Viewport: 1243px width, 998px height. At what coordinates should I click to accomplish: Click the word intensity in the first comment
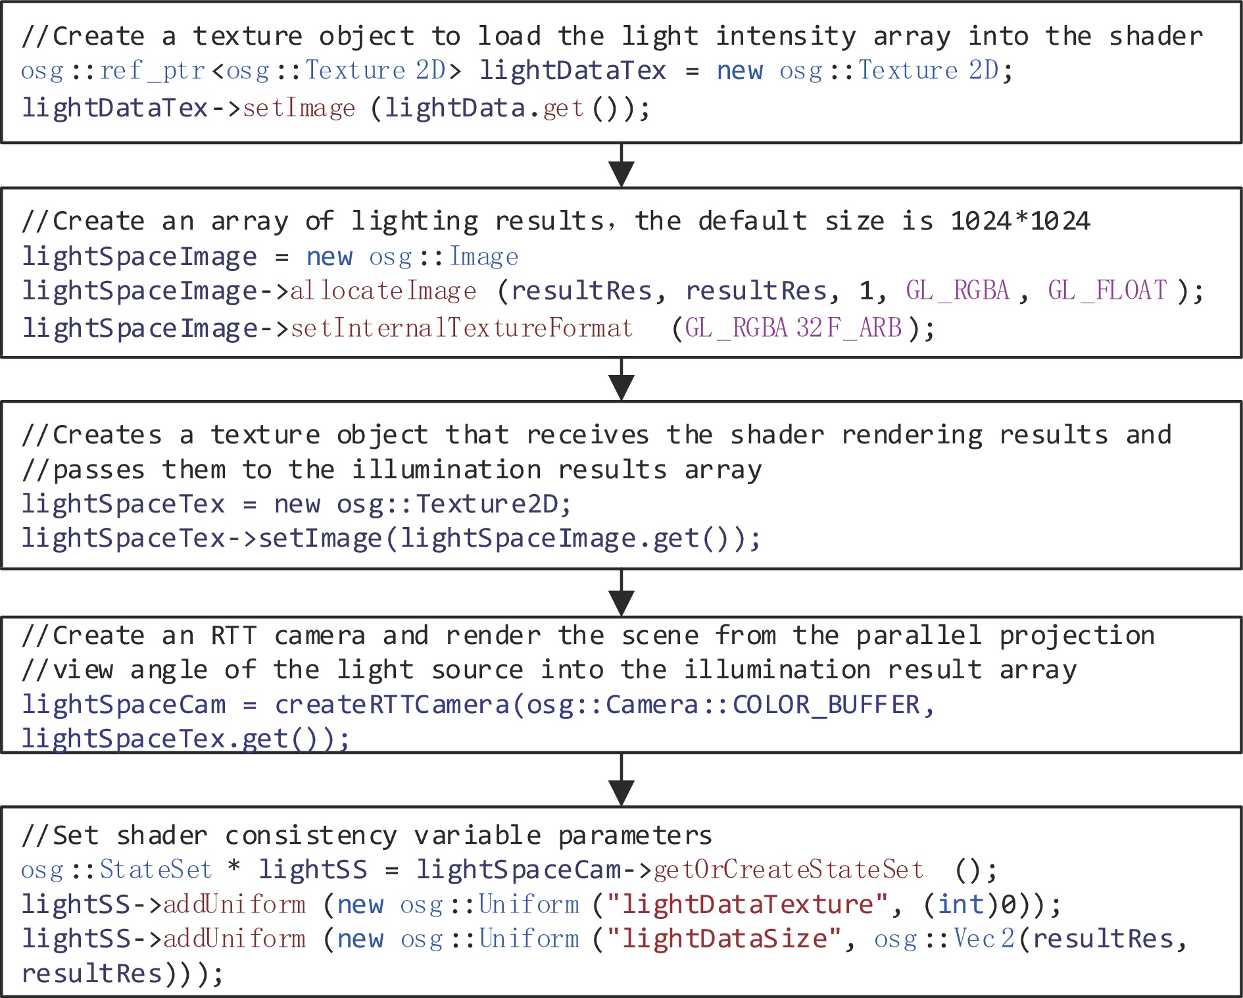786,36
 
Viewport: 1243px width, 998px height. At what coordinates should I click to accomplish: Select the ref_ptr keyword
153,70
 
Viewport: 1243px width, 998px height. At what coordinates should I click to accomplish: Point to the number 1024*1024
1020,221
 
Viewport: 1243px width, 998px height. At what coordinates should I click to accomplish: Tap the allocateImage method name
383,291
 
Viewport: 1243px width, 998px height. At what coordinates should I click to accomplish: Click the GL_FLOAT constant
1108,291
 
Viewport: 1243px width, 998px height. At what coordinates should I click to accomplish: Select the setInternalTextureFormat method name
462,328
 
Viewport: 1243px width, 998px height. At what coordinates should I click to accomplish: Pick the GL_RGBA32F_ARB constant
793,328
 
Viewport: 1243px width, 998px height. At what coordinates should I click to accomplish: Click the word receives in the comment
587,435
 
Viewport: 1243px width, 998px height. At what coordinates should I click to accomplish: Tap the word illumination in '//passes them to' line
446,470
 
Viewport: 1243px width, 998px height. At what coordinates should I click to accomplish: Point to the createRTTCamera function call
392,705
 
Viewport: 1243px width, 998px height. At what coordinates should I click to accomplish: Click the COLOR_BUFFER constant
825,705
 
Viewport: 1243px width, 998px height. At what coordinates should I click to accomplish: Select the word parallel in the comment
919,636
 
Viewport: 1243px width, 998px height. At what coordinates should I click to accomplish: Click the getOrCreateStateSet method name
789,870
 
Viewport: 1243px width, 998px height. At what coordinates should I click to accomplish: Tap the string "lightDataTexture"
746,905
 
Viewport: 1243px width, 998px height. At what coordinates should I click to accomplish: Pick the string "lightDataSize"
723,939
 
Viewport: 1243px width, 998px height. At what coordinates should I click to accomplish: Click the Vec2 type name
984,939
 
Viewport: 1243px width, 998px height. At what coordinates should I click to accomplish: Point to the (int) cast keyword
962,905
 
